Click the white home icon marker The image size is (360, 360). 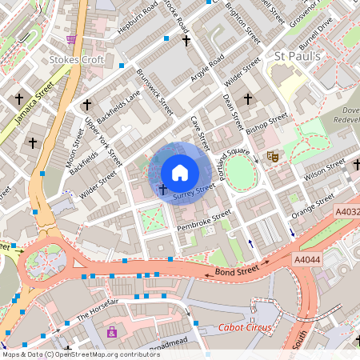coord(180,172)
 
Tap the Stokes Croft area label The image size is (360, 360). coord(75,59)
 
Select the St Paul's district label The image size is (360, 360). coord(297,57)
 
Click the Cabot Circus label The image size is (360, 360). coord(245,328)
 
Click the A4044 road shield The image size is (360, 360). coord(308,259)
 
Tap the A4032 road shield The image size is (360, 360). coord(345,211)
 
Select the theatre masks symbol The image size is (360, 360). coord(272,157)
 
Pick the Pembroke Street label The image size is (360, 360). coord(203,221)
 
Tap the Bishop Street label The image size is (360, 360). coord(266,123)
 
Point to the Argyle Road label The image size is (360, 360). coord(206,73)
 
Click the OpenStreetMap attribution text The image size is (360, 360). coord(70,354)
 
